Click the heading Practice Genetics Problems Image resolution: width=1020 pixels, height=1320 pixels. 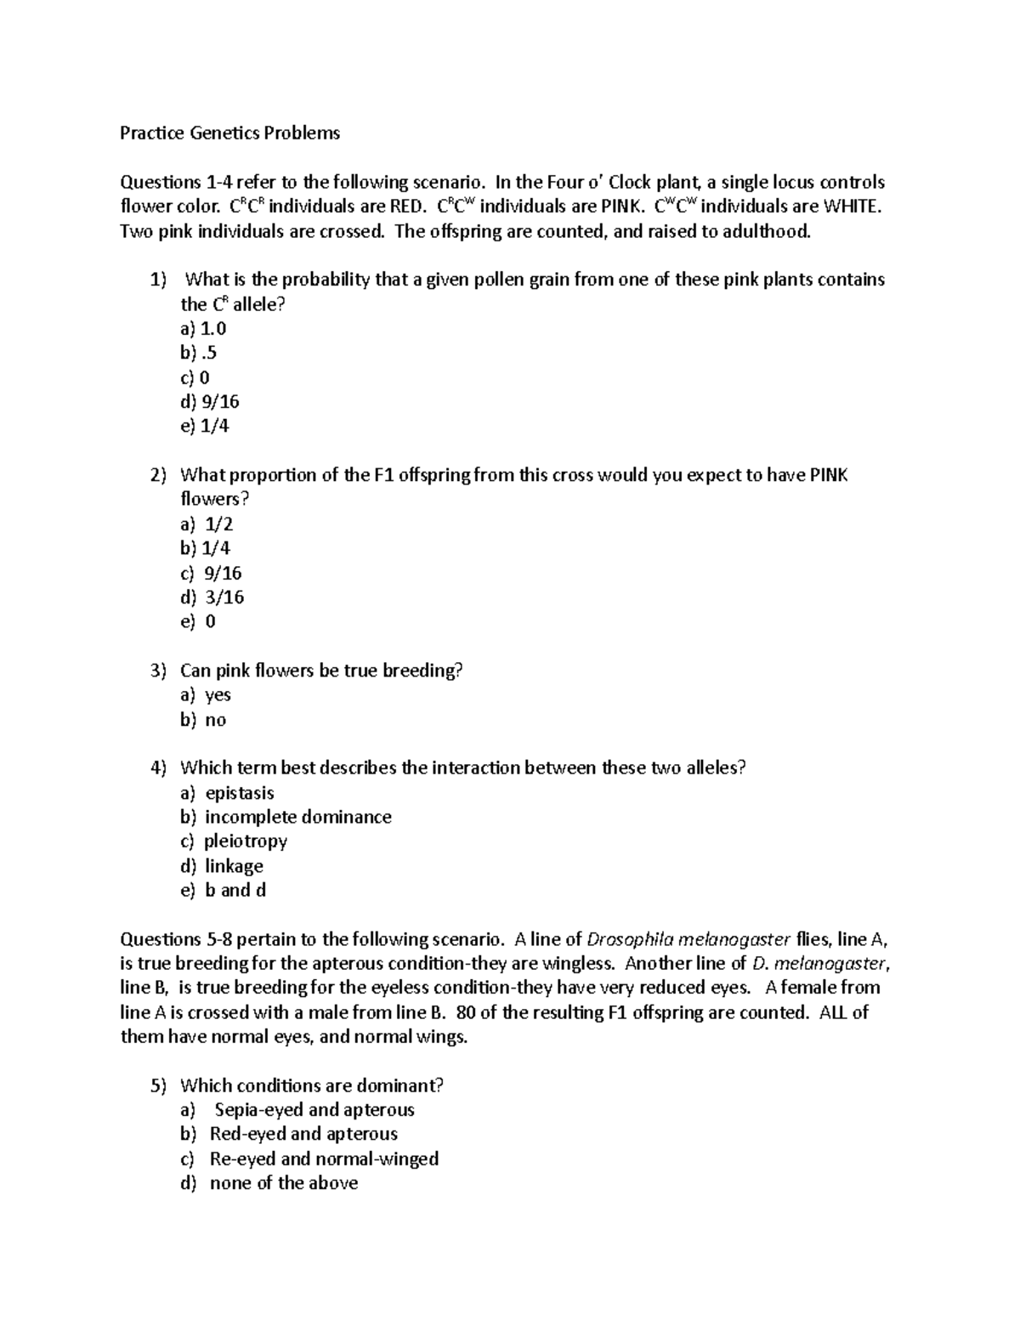click(229, 133)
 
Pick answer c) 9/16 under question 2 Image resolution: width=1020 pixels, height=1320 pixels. click(212, 573)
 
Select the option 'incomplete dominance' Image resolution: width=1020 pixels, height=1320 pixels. click(297, 817)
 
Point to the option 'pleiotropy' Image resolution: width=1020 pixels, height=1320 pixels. click(246, 841)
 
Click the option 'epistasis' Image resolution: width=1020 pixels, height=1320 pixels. click(239, 793)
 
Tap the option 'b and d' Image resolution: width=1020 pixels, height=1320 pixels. click(235, 890)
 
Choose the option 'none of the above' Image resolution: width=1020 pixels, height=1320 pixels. click(283, 1182)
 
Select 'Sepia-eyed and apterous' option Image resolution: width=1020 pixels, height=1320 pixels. click(314, 1109)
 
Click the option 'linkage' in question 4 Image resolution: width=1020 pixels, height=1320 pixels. click(234, 866)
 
